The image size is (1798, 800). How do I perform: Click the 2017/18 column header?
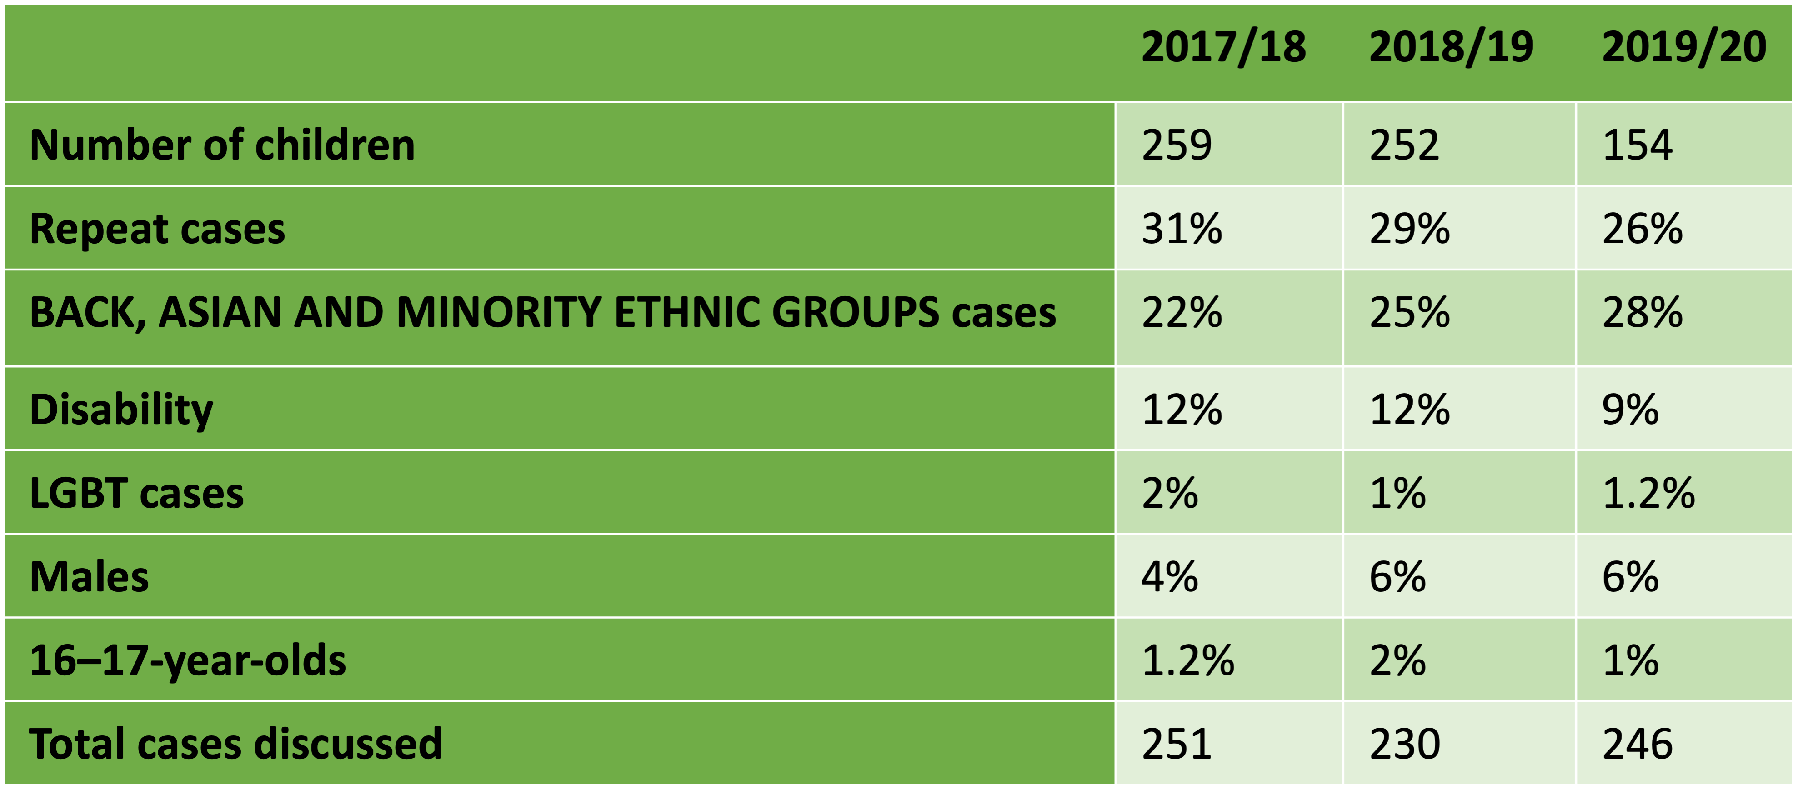click(x=1223, y=47)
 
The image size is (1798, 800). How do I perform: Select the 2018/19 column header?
click(x=1451, y=47)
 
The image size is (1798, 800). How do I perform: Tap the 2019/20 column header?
click(x=1683, y=47)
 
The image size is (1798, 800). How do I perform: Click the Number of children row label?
click(x=222, y=145)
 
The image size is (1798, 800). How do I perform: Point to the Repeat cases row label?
click(x=157, y=229)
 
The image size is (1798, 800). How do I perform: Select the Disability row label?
click(x=121, y=410)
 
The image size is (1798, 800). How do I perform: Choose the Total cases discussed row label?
click(x=235, y=744)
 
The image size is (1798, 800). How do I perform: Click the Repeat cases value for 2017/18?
click(x=1182, y=229)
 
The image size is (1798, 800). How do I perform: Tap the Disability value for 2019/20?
click(x=1630, y=410)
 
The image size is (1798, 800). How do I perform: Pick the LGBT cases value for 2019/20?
click(x=1648, y=494)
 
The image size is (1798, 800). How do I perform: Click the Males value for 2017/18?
click(x=1170, y=577)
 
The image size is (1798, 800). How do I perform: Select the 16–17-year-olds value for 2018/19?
click(x=1397, y=661)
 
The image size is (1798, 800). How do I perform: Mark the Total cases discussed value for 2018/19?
click(x=1404, y=744)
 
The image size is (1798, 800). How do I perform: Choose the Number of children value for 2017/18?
click(x=1177, y=145)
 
